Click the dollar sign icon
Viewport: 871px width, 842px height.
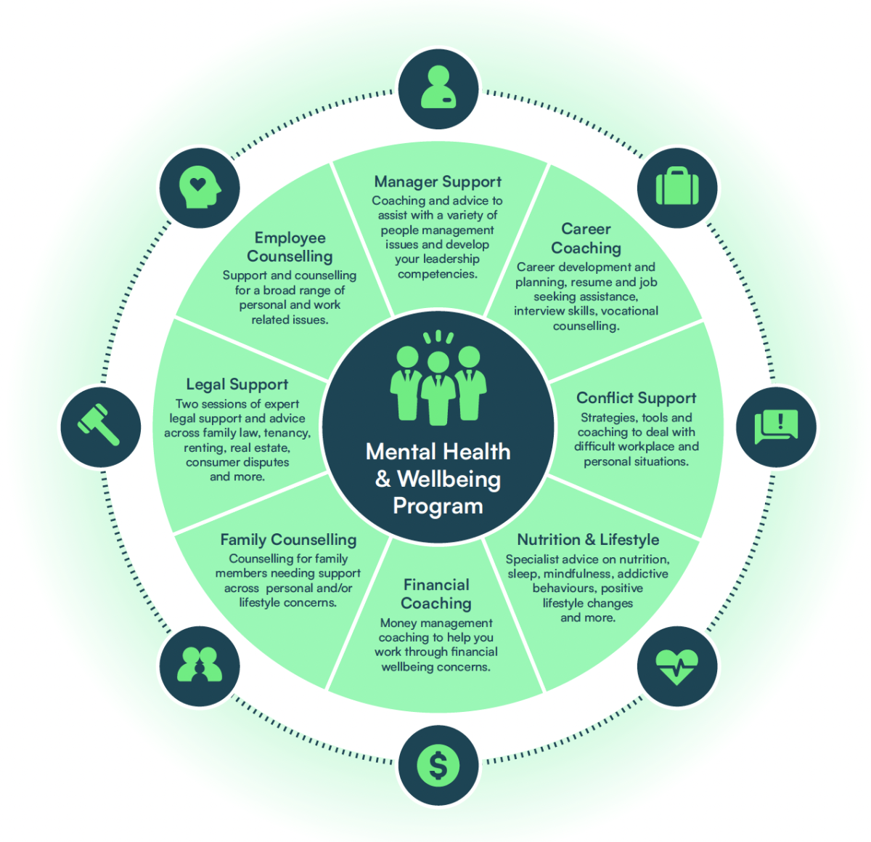click(438, 765)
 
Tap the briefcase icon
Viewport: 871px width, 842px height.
click(677, 187)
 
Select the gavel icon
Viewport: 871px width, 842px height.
click(100, 426)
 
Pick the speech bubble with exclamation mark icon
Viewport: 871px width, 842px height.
click(776, 426)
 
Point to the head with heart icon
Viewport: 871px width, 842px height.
click(199, 187)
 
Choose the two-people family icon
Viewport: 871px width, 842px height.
click(199, 665)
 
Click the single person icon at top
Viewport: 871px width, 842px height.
click(438, 89)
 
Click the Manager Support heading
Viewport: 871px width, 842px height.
click(438, 182)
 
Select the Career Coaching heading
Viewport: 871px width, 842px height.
click(586, 238)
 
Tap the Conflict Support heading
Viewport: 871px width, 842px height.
click(636, 398)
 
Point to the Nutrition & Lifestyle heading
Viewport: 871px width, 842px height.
click(588, 540)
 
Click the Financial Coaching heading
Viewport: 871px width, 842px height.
click(436, 594)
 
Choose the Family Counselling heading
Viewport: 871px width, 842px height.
click(288, 540)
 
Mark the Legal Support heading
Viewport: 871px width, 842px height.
click(237, 384)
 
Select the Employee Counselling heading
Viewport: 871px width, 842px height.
click(290, 247)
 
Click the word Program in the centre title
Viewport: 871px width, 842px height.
click(438, 506)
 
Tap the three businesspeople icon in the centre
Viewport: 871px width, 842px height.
click(438, 381)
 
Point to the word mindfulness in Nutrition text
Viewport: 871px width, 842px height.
click(577, 574)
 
